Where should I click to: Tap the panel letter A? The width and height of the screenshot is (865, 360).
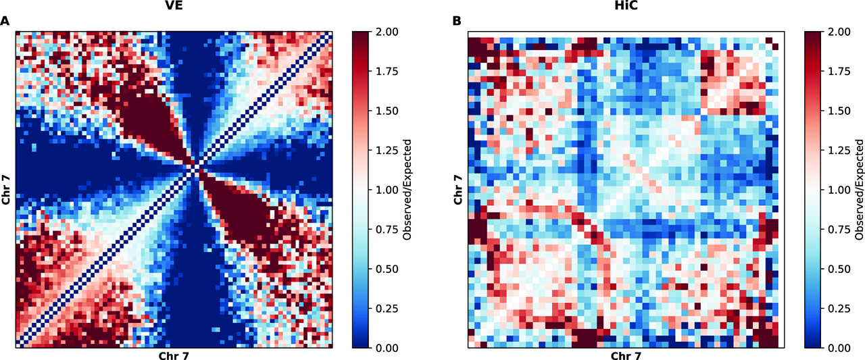tap(5, 21)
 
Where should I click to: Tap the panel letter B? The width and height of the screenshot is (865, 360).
tap(458, 21)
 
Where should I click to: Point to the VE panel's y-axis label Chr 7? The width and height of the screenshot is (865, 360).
tap(6, 190)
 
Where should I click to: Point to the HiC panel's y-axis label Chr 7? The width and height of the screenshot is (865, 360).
tap(458, 190)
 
